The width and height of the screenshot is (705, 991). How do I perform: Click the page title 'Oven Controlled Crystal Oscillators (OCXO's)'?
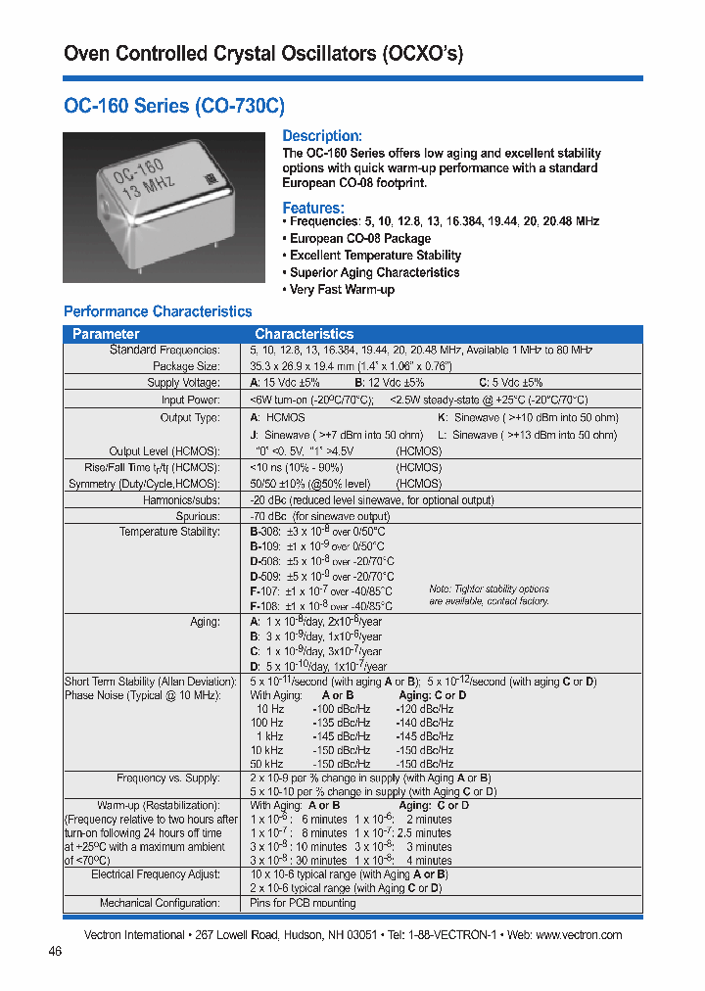point(262,54)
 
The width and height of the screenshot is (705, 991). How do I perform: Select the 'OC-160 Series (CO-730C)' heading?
point(173,106)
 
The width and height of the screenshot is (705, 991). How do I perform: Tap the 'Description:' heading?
point(322,136)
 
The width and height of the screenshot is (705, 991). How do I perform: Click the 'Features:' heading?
point(313,208)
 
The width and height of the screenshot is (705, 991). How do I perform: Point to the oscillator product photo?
point(164,207)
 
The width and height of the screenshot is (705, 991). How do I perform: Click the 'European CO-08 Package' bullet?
point(359,238)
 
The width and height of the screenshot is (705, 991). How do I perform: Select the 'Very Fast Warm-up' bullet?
point(342,290)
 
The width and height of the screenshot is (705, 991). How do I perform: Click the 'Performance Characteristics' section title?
point(158,311)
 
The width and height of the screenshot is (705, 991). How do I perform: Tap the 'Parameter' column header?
point(106,334)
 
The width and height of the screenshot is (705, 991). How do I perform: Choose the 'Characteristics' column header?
point(304,334)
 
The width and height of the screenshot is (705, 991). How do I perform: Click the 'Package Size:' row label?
point(186,365)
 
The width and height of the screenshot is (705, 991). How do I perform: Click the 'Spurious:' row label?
point(198,516)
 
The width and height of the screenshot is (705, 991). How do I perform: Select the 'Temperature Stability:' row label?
point(169,532)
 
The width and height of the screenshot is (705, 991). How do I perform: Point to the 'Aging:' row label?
point(205,622)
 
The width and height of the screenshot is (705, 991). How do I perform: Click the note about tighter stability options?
point(489,595)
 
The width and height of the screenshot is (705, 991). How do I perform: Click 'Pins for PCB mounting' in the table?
point(303,903)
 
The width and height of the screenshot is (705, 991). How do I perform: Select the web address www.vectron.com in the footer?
point(579,935)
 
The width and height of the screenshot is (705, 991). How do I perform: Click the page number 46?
point(55,951)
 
